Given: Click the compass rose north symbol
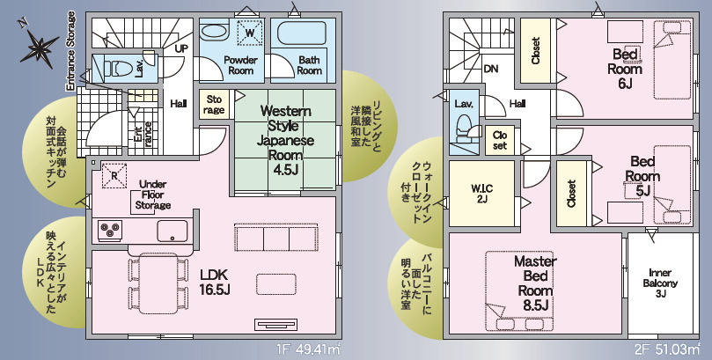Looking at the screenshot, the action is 40,45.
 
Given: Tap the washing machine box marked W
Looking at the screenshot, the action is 250,33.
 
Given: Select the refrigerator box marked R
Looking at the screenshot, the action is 114,175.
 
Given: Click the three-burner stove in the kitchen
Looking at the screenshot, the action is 110,230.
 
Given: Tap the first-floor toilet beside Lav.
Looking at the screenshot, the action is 116,69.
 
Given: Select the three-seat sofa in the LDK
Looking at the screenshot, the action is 276,237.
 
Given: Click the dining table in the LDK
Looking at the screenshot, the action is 158,283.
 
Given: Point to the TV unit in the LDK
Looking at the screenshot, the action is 275,325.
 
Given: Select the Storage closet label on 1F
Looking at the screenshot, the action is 214,105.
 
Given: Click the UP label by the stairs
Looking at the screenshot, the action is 181,48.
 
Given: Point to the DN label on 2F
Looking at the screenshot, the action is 491,69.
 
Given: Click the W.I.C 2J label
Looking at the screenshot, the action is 481,193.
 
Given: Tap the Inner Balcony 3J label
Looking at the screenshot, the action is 660,283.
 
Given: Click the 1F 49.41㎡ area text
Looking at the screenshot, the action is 308,350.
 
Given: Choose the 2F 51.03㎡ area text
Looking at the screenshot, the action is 667,350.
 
